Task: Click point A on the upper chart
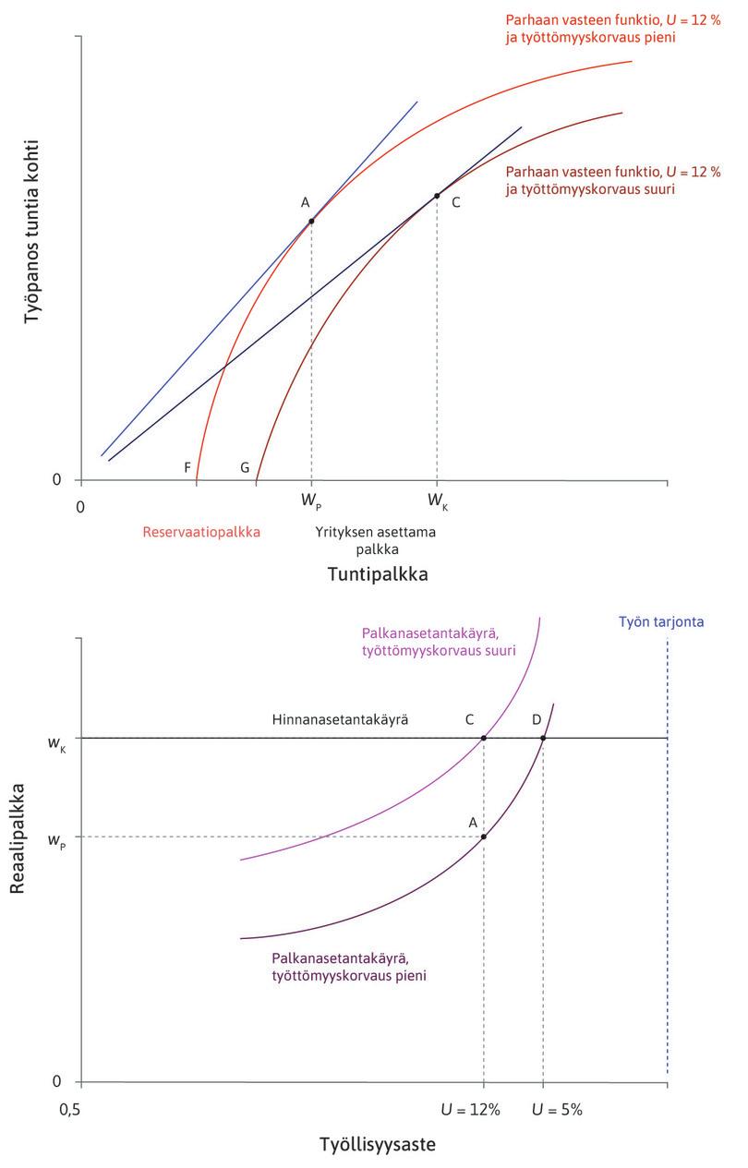coord(311,221)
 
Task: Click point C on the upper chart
coord(437,196)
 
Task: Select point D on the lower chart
coord(543,738)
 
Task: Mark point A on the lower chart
coord(484,837)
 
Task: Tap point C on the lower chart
coord(484,738)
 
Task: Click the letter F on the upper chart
coord(187,467)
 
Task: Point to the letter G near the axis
coord(245,467)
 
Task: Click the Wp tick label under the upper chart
coord(311,501)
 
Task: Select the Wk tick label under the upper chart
coord(438,501)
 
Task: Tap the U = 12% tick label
coord(477,1109)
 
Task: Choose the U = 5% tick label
coord(557,1109)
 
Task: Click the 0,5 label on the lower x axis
coord(71,1108)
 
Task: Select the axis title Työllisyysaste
coord(377,1145)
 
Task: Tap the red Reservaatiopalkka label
coord(202,532)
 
